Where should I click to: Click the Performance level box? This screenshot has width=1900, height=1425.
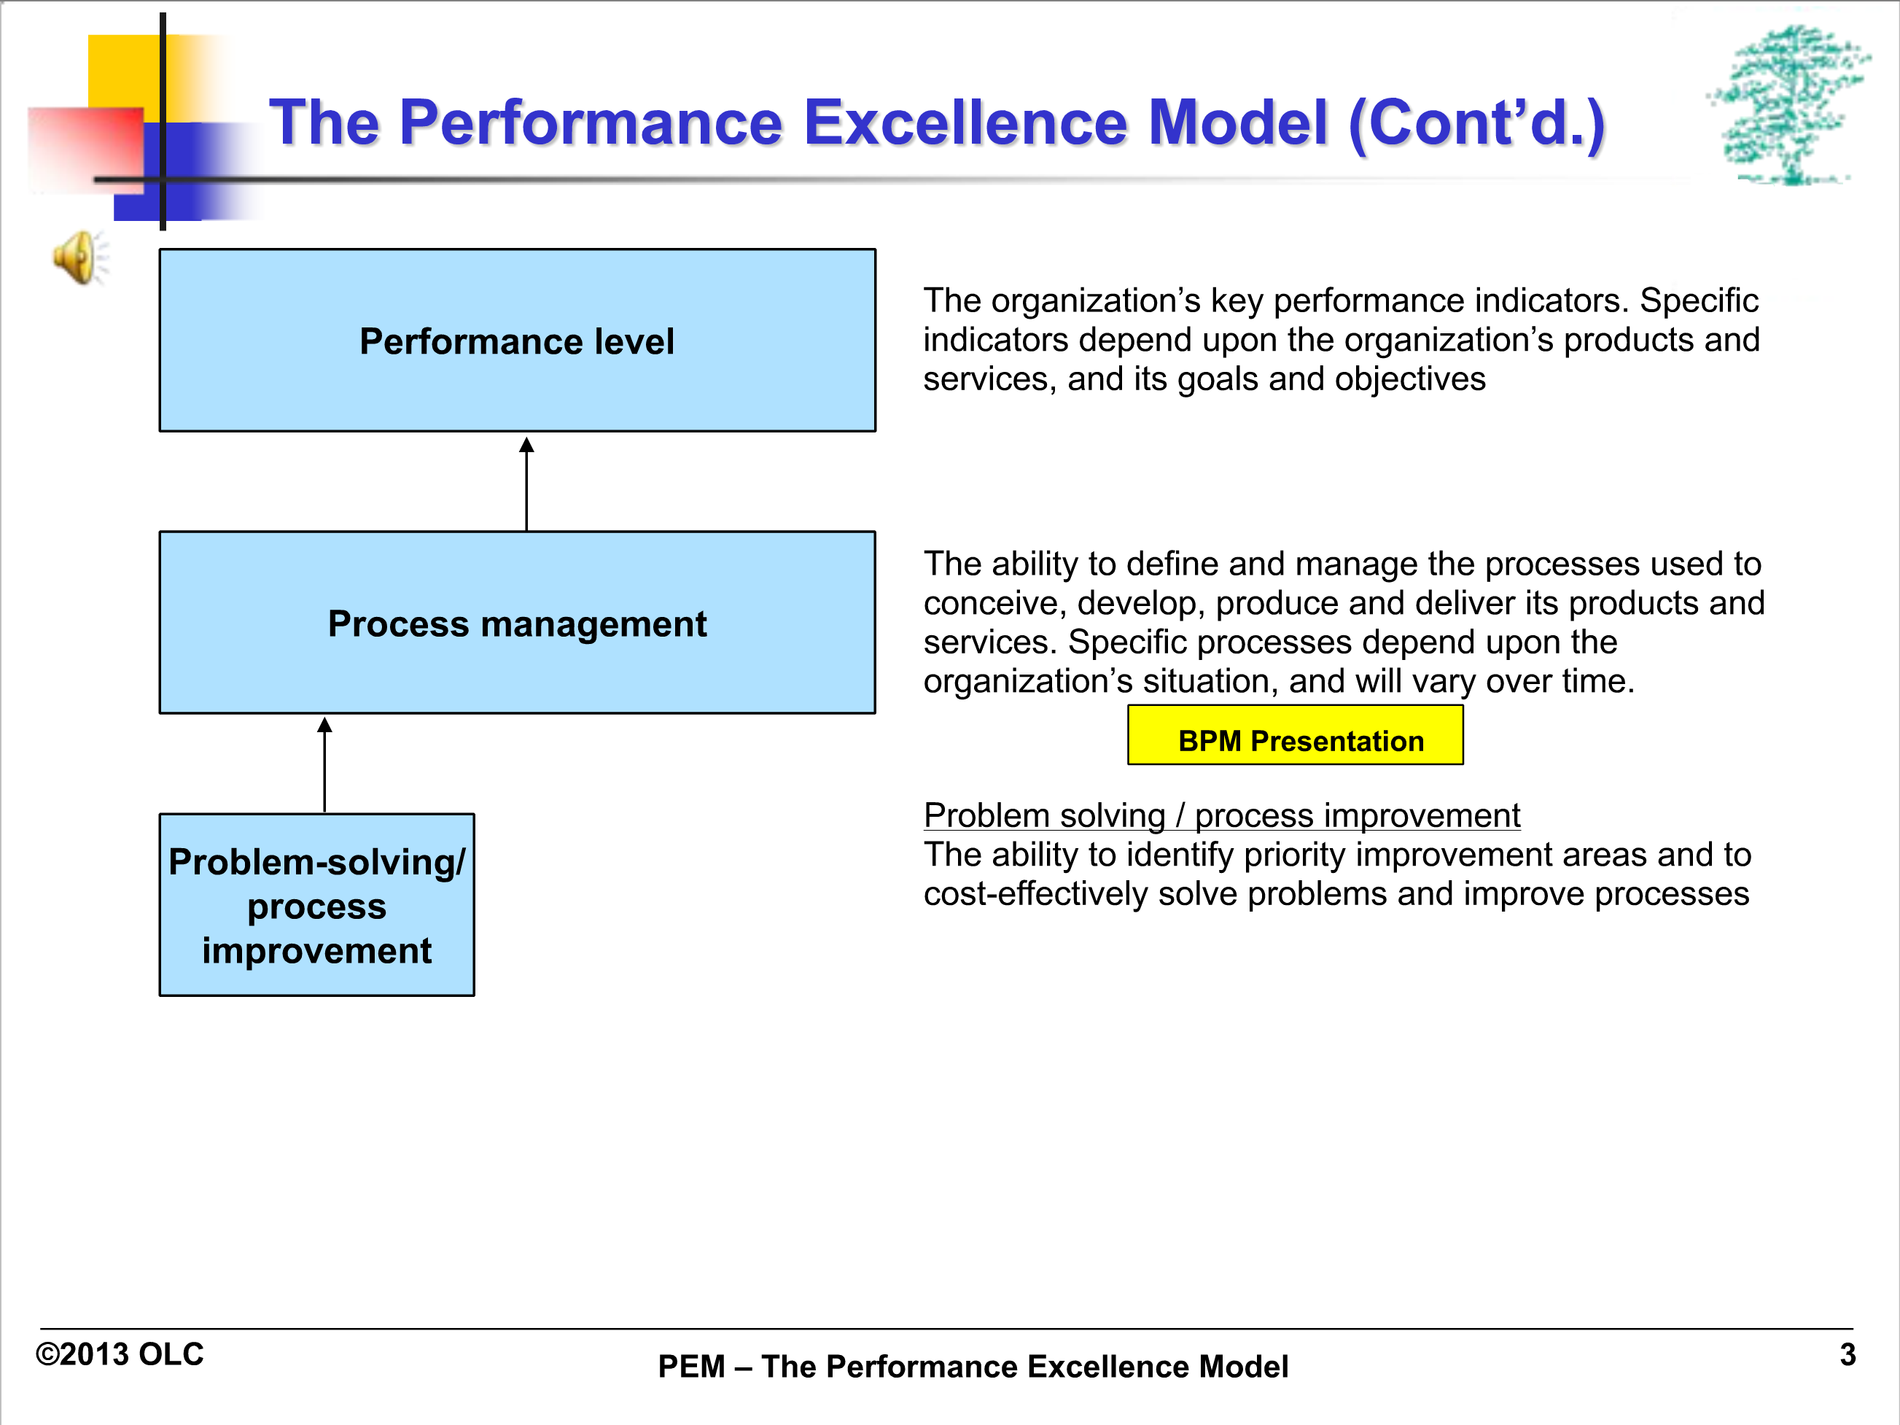tap(517, 340)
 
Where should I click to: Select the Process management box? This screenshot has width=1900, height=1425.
tap(517, 623)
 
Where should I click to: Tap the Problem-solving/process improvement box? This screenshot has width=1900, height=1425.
tap(317, 904)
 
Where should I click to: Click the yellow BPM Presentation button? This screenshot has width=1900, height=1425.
tap(1296, 735)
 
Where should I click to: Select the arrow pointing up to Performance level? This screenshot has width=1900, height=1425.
tap(526, 484)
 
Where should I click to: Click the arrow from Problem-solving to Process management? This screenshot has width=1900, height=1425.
tap(324, 764)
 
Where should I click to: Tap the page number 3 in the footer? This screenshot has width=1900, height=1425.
tap(1848, 1354)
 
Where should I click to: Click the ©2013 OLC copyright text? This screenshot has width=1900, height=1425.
tap(120, 1354)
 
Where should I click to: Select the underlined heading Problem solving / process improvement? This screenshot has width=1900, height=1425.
tap(1221, 815)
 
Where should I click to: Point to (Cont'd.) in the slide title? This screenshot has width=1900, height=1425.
tap(1476, 124)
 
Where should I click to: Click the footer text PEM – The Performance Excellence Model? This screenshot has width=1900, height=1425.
tap(973, 1367)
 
